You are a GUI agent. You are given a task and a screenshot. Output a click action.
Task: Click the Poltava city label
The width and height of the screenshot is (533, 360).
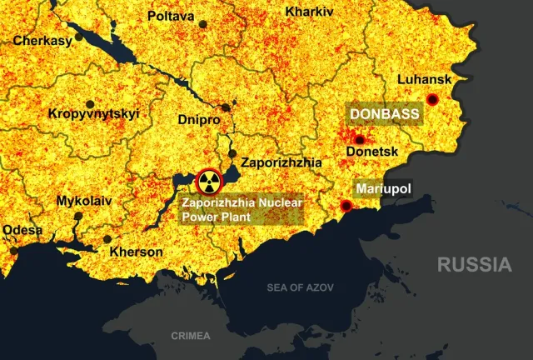171,16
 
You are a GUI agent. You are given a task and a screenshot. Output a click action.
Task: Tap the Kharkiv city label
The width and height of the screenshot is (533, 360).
309,12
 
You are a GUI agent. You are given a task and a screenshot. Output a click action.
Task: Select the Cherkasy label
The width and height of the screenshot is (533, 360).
42,39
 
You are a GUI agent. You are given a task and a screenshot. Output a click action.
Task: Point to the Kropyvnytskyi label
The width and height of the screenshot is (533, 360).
94,114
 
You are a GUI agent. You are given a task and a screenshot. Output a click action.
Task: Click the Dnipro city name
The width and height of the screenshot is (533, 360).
199,120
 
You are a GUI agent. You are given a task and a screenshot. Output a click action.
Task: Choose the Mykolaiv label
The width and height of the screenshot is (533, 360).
83,201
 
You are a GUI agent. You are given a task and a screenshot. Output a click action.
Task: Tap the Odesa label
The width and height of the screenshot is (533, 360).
22,230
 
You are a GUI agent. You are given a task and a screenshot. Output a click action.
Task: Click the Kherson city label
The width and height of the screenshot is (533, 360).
137,251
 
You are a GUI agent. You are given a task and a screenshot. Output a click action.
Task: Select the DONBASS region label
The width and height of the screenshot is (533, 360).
384,113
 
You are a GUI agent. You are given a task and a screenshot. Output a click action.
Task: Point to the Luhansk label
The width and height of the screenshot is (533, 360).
424,80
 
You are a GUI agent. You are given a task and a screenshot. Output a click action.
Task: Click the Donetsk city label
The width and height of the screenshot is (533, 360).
372,152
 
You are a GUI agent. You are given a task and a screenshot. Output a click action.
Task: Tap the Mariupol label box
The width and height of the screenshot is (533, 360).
383,189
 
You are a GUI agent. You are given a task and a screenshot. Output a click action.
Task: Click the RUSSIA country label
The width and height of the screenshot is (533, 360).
475,265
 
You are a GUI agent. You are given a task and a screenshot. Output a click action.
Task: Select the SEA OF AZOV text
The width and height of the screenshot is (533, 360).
300,287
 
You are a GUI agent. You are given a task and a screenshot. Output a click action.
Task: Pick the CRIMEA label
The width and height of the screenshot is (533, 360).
191,336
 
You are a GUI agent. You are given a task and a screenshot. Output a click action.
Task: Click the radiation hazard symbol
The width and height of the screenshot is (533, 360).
208,182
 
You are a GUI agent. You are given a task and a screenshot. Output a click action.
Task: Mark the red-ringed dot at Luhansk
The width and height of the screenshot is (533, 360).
432,99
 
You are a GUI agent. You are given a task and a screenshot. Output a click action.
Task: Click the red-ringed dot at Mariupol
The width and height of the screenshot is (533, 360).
347,205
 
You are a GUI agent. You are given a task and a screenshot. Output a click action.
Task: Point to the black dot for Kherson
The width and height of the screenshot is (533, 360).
107,239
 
